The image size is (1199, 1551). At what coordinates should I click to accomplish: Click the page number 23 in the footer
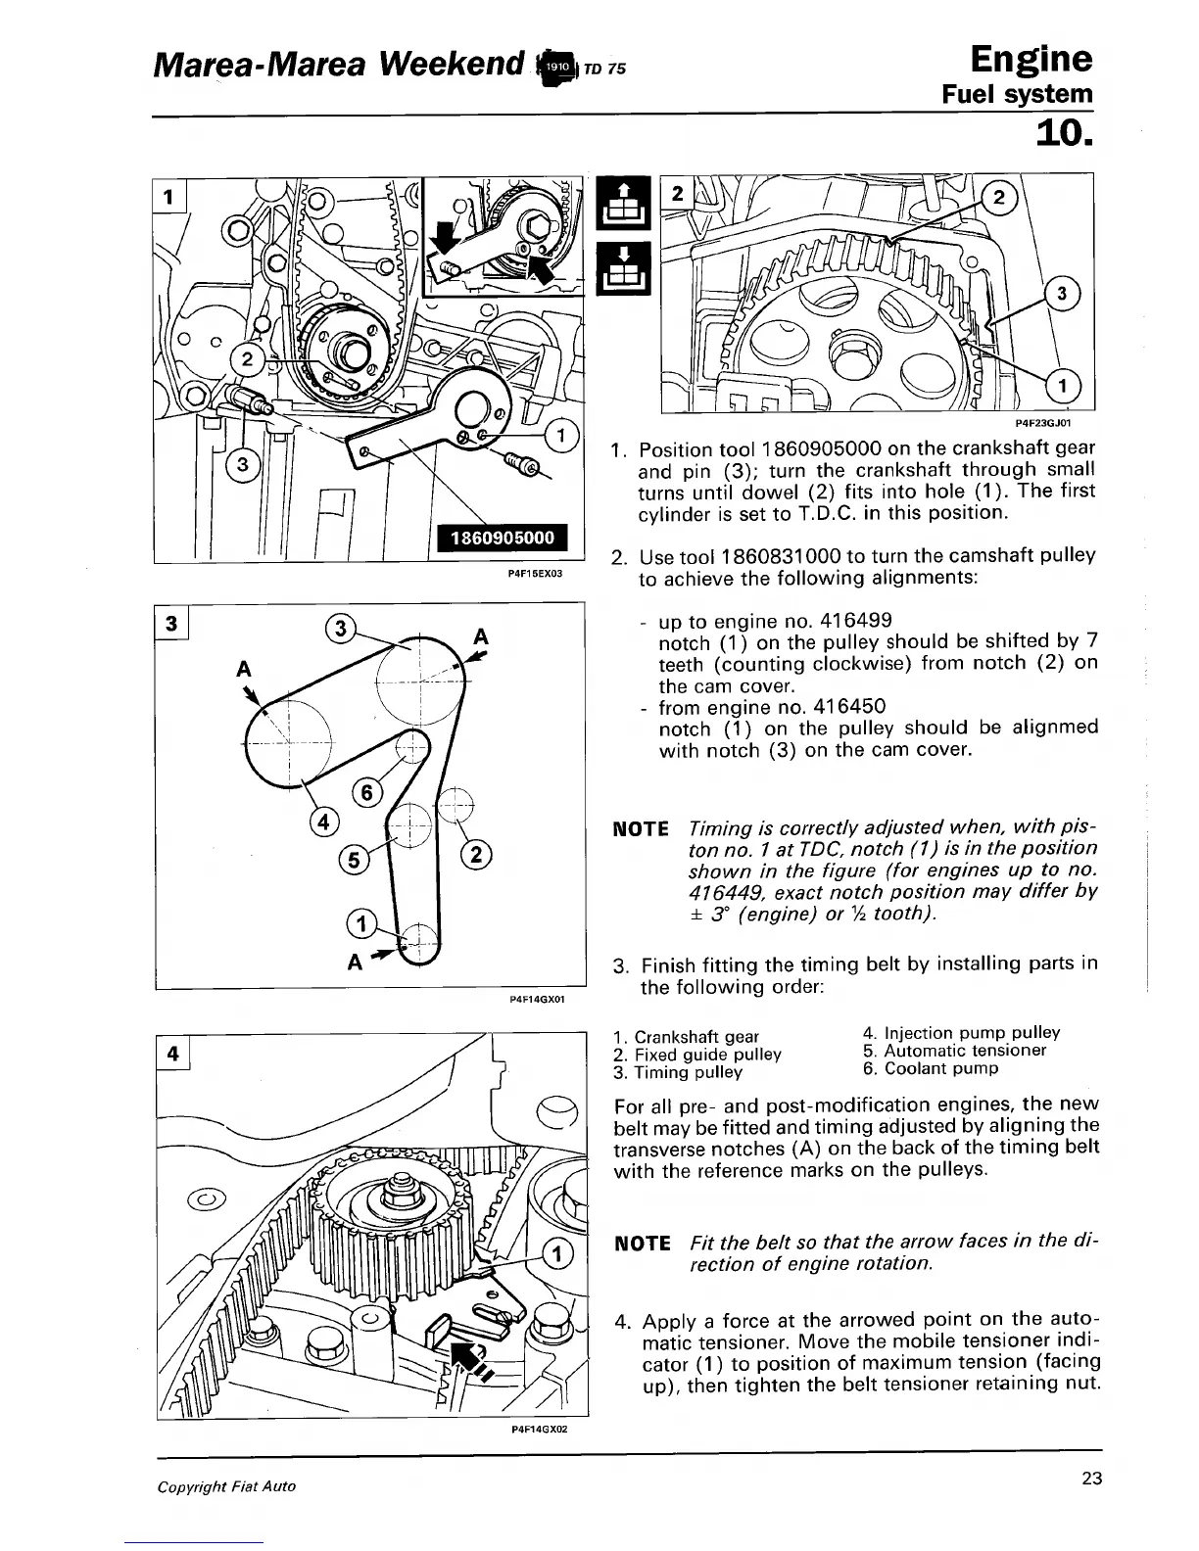pyautogui.click(x=1091, y=1479)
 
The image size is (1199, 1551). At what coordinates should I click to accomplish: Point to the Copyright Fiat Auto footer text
pyautogui.click(x=226, y=1485)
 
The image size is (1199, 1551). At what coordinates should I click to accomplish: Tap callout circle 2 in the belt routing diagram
pyautogui.click(x=475, y=854)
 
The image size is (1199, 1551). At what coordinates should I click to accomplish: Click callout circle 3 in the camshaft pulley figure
pyautogui.click(x=1063, y=295)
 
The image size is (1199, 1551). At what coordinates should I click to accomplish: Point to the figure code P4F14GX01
pyautogui.click(x=538, y=1000)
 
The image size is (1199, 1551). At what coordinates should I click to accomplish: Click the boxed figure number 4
pyautogui.click(x=173, y=1054)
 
